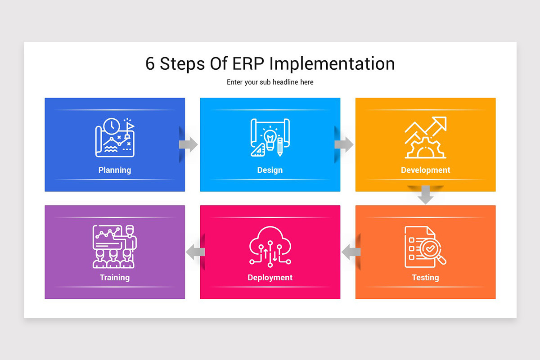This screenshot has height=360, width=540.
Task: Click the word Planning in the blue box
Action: (115, 170)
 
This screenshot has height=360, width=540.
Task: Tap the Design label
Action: (270, 170)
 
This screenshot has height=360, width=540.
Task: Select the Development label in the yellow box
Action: (425, 170)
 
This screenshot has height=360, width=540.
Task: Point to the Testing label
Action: (425, 278)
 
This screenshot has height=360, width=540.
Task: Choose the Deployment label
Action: (270, 278)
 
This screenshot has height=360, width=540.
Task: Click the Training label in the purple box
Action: (115, 278)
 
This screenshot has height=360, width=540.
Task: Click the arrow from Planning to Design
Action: (189, 144)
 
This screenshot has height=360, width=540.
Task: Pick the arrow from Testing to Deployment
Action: (351, 252)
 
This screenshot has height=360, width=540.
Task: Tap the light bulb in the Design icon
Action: (270, 138)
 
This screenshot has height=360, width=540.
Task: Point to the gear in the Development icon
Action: (425, 148)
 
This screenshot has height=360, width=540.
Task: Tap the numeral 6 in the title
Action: (150, 64)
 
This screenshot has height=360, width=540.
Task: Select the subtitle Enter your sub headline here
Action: (270, 82)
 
